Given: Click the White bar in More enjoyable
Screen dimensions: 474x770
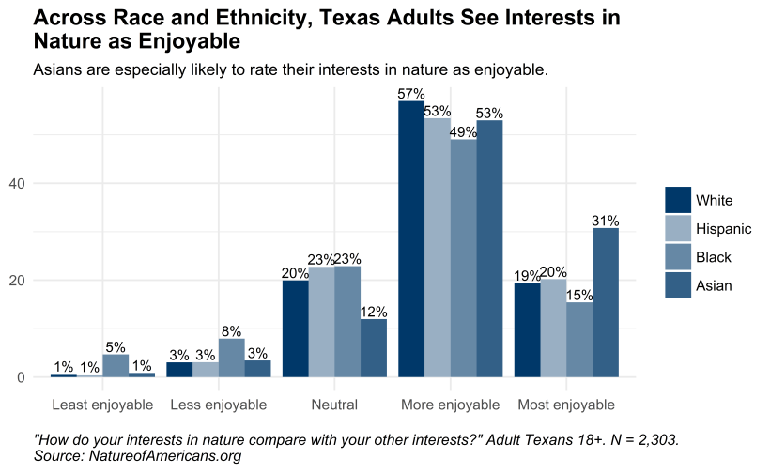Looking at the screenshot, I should click(x=411, y=238).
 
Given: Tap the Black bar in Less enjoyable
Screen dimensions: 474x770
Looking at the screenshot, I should click(x=232, y=358).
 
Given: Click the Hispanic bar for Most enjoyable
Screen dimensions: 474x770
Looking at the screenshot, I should click(x=553, y=328).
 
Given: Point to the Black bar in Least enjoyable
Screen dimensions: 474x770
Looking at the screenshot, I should click(x=115, y=365).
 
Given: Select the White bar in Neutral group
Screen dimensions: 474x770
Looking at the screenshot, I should click(x=296, y=329).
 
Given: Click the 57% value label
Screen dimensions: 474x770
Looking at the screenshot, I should click(x=411, y=94).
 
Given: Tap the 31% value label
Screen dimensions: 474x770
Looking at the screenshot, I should click(x=606, y=221).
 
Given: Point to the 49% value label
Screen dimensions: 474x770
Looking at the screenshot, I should click(x=464, y=132).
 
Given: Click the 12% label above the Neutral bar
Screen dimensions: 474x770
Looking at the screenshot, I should click(x=374, y=312).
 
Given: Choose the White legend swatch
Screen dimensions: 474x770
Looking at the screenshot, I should click(x=678, y=200).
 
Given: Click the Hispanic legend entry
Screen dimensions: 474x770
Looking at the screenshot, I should click(x=723, y=229).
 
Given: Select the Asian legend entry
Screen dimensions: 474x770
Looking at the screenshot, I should click(x=713, y=285).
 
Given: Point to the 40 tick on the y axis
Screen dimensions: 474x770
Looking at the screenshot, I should click(x=17, y=183).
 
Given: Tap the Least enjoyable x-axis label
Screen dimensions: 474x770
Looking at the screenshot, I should click(x=102, y=405).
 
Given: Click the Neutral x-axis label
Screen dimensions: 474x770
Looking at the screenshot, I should click(x=334, y=405).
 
